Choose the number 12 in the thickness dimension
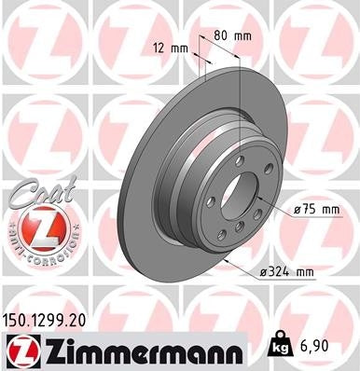(159, 47)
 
